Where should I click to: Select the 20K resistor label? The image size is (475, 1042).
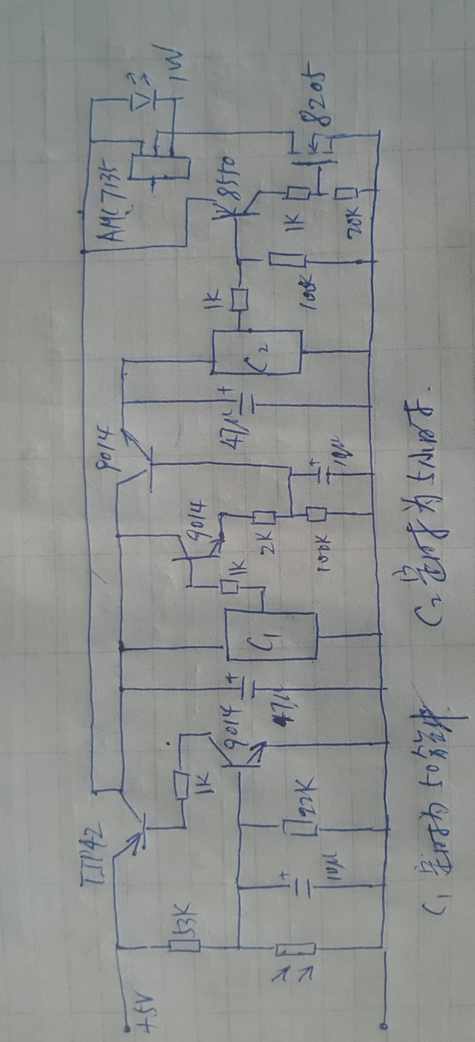[x=356, y=225]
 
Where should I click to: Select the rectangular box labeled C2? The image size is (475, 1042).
[x=258, y=352]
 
